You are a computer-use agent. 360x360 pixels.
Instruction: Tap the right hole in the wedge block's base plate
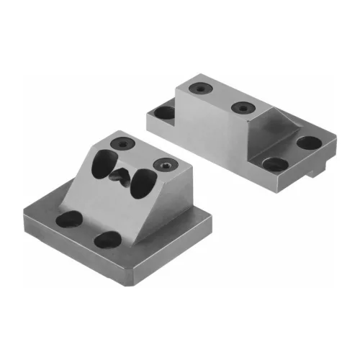click(x=106, y=240)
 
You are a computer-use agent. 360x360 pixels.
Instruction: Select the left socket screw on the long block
click(x=197, y=89)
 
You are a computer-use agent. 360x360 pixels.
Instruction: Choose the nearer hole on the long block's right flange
click(x=275, y=164)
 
